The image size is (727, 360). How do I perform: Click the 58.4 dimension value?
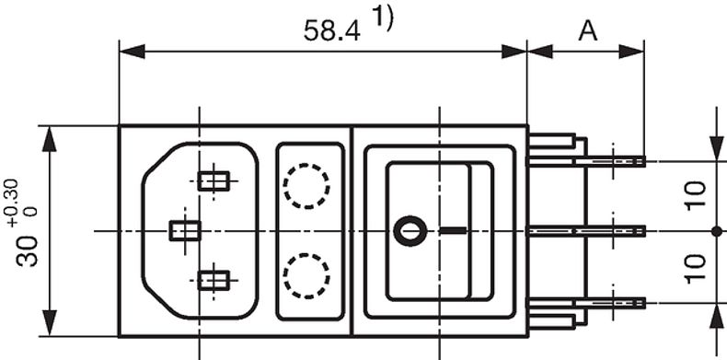point(331,31)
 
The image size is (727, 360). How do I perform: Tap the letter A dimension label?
point(588,31)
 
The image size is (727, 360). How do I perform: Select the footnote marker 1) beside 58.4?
point(382,18)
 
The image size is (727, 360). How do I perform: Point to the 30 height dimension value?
point(28,250)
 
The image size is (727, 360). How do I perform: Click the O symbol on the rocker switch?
point(410,230)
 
